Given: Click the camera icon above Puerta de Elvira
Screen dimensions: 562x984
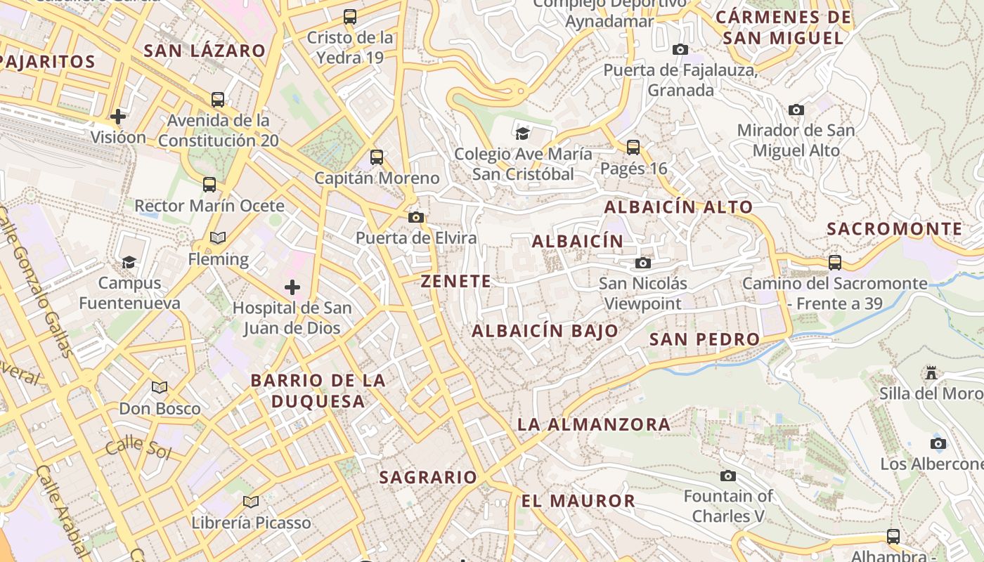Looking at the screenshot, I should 416,218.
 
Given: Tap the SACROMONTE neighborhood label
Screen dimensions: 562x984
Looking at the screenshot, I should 894,229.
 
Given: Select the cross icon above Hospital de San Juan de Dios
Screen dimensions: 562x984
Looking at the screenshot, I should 292,287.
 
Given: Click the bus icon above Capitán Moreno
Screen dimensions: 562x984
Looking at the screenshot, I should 377,157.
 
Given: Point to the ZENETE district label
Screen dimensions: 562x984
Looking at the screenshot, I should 455,282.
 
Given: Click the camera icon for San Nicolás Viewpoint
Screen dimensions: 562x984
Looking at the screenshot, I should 642,263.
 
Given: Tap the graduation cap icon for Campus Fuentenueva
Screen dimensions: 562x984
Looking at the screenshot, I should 129,263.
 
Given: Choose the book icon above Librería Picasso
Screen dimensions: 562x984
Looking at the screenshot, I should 251,502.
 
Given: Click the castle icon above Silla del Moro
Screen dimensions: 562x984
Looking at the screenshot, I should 931,372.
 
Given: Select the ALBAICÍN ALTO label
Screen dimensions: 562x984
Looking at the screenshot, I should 678,207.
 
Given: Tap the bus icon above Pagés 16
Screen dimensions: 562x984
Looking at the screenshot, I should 633,148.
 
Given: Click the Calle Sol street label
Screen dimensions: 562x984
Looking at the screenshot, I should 138,446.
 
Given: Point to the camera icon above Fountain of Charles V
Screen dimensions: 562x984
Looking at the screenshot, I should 728,476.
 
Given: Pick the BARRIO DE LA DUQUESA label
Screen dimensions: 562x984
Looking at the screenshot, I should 318,391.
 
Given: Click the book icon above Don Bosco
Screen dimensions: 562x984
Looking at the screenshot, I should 160,387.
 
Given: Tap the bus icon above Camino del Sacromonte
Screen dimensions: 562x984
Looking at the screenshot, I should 835,263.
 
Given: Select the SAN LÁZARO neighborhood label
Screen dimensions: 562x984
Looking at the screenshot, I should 205,51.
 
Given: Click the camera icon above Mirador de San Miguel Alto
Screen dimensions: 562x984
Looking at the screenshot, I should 796,110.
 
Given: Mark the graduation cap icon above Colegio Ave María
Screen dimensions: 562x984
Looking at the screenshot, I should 522,133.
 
